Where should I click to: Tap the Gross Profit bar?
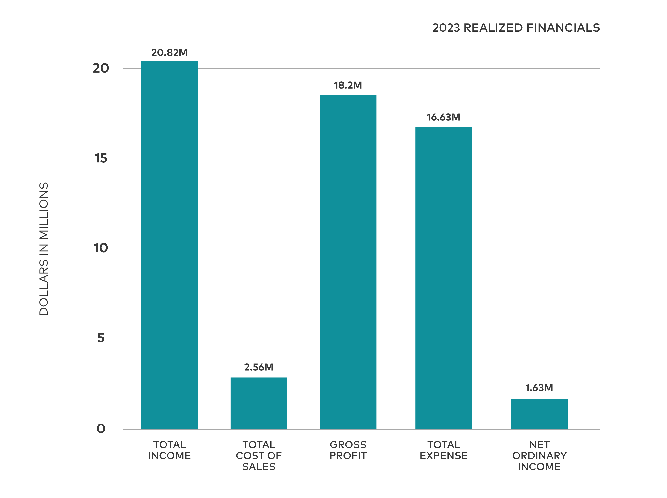click(348, 262)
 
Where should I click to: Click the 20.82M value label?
click(169, 53)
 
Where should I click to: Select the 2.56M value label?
click(259, 367)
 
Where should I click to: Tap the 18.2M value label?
click(348, 85)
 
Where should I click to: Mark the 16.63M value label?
click(444, 117)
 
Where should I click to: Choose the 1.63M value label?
click(539, 388)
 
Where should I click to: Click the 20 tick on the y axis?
click(101, 68)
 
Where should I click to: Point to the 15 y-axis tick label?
click(101, 158)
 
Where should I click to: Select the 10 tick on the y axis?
click(101, 248)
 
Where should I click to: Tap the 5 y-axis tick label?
click(101, 338)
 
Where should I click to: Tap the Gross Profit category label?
click(348, 450)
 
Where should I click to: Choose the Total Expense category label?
click(444, 450)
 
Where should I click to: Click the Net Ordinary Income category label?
click(539, 456)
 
